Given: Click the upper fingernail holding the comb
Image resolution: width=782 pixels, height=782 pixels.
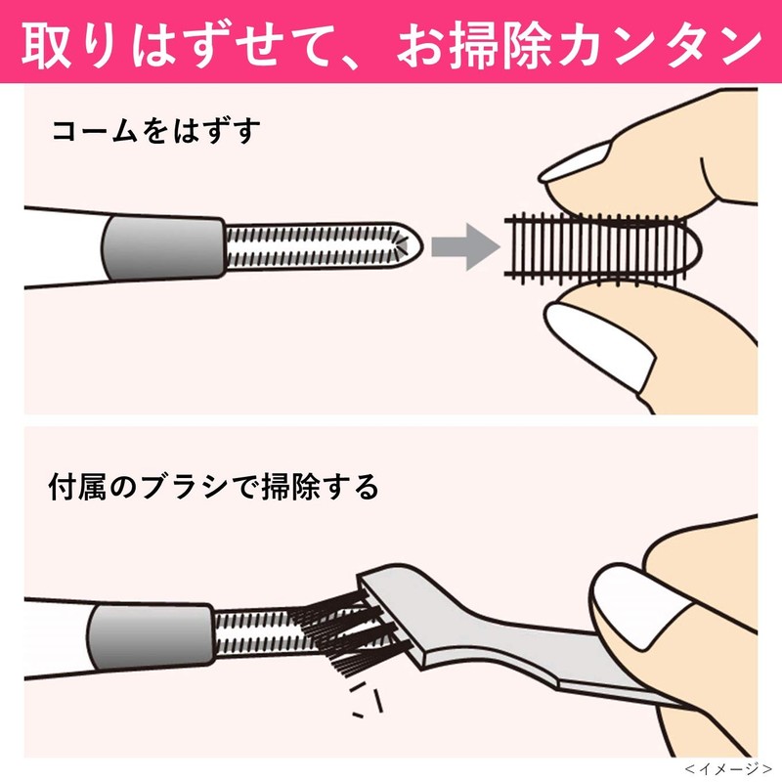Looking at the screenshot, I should click(x=577, y=167).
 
